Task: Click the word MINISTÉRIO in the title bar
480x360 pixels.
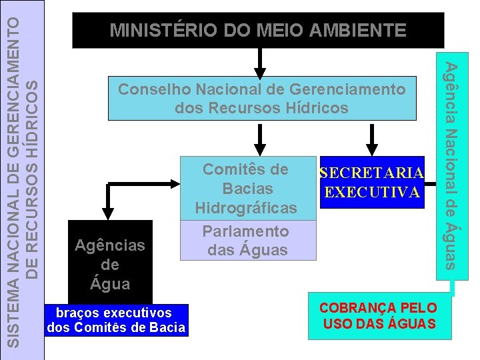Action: click(153, 30)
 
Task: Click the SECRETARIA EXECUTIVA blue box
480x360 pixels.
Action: click(372, 182)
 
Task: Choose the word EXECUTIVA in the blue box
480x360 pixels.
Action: click(372, 192)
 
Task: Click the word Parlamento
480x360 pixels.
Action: click(245, 231)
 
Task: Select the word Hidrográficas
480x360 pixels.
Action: click(245, 208)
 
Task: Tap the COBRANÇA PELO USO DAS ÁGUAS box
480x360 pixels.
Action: click(379, 316)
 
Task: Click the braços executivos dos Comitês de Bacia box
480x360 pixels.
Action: click(116, 319)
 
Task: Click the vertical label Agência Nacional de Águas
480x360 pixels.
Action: click(451, 165)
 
